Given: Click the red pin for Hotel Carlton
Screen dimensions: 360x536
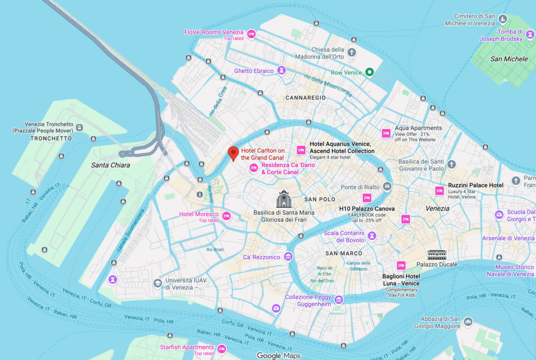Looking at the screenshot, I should [x=233, y=153].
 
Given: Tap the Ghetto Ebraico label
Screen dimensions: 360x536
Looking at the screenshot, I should [x=254, y=71].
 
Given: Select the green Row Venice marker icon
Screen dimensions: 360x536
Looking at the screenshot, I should [x=369, y=72].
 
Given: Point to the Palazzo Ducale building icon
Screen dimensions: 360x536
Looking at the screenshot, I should [x=435, y=254].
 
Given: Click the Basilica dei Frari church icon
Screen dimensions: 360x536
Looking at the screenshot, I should [x=283, y=199].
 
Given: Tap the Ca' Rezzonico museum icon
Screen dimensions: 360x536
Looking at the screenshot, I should [x=287, y=257].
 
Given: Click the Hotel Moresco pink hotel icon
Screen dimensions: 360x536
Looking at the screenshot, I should [x=227, y=215].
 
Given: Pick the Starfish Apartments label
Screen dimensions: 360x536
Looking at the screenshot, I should [x=187, y=347].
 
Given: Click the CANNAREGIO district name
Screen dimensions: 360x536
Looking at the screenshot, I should [x=306, y=98].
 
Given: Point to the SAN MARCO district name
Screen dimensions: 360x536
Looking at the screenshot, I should [x=344, y=253].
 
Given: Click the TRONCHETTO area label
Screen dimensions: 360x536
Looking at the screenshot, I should [x=51, y=139].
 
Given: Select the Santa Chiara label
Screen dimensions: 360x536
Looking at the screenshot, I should [x=110, y=165].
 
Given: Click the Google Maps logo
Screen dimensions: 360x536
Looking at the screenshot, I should [x=278, y=356].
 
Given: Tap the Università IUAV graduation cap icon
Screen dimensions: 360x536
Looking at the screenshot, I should [x=157, y=283].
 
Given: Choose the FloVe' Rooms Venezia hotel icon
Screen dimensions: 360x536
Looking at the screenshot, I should [x=251, y=34].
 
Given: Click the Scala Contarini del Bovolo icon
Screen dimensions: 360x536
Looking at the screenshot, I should [x=372, y=236].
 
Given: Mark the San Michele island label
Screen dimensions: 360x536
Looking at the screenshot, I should [x=509, y=59].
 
